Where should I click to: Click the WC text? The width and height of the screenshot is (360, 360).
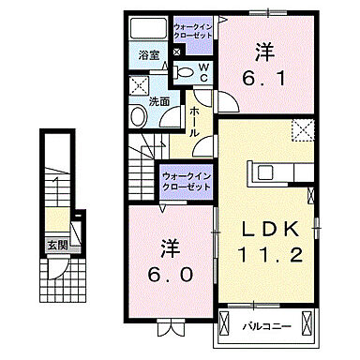[x=205, y=69]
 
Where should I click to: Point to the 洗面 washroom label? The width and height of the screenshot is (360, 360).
[x=158, y=100]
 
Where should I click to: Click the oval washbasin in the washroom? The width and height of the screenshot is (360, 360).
[x=138, y=117]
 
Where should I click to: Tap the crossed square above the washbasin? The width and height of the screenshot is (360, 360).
[x=135, y=83]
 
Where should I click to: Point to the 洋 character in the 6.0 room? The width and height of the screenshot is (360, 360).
[x=170, y=247]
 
